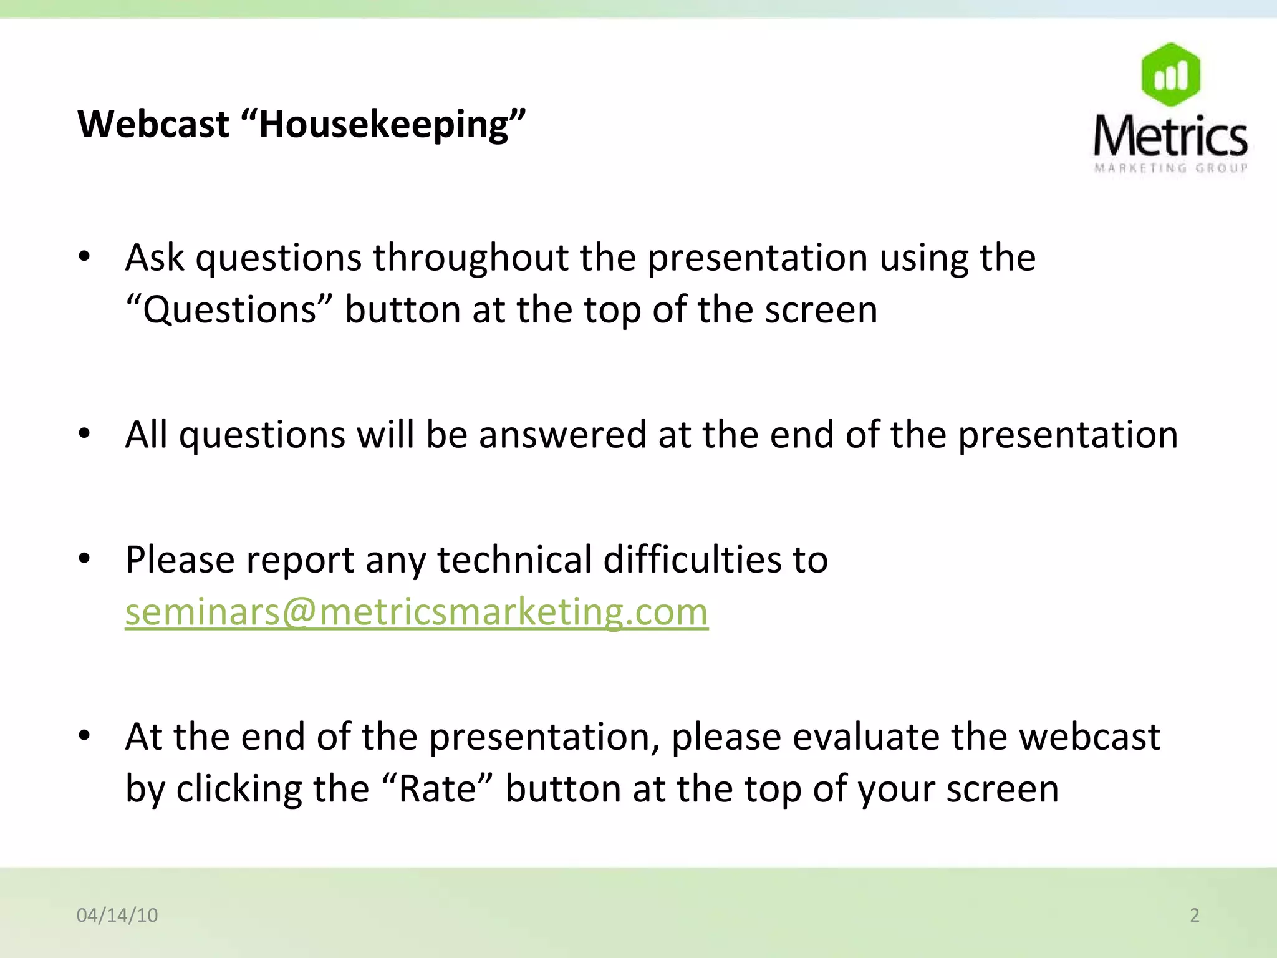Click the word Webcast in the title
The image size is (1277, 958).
tap(153, 124)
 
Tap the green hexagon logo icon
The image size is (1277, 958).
tap(1170, 75)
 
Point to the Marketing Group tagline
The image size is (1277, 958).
tap(1170, 168)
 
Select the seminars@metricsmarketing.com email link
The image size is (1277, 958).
tap(417, 612)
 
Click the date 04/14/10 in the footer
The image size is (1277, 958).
tap(117, 915)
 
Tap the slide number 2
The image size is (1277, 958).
tap(1194, 915)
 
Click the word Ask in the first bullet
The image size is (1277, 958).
tap(155, 258)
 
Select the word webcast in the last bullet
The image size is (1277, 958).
tap(1089, 737)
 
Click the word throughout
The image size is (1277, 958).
tap(471, 258)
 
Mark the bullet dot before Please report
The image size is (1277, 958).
tap(85, 558)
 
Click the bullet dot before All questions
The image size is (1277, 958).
tap(85, 433)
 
